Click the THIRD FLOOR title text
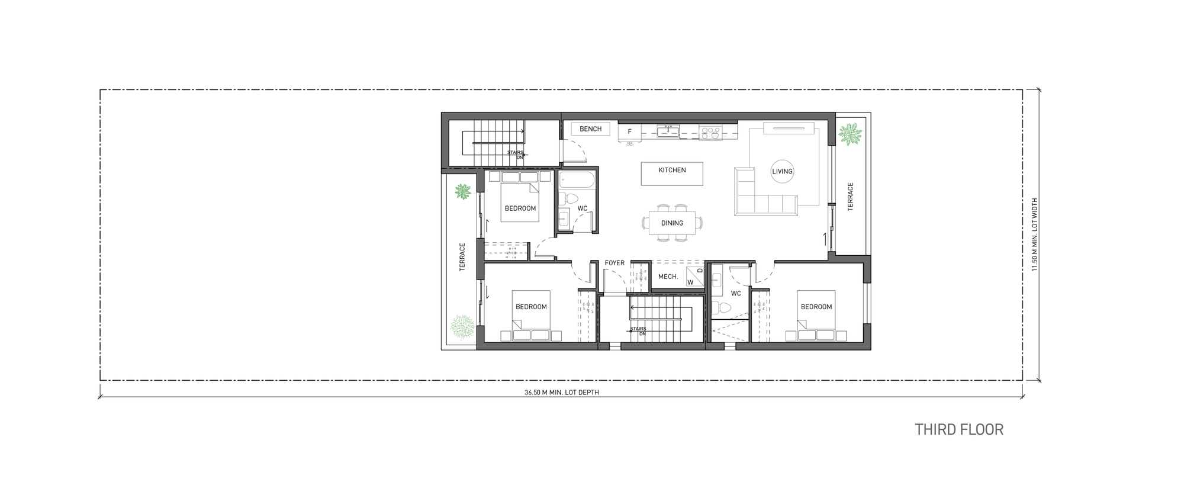(x=959, y=429)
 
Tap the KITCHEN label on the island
(x=672, y=171)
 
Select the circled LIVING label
(x=782, y=172)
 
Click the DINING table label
(x=672, y=223)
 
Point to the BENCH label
(x=590, y=129)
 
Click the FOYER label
(x=614, y=264)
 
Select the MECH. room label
(x=668, y=277)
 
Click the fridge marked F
(x=630, y=131)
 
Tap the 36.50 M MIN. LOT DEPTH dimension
(x=561, y=393)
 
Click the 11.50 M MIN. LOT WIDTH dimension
(x=1035, y=235)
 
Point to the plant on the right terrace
(x=851, y=134)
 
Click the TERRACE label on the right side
(x=851, y=197)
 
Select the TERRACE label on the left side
(x=462, y=257)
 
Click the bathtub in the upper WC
(x=577, y=181)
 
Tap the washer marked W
(x=690, y=282)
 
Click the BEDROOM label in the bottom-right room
(x=816, y=307)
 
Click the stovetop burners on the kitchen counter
(x=707, y=132)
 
